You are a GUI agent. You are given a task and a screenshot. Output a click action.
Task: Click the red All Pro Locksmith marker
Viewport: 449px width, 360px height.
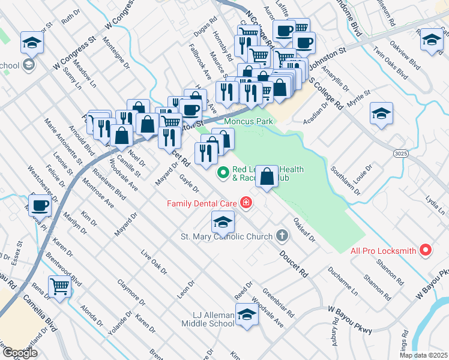426,250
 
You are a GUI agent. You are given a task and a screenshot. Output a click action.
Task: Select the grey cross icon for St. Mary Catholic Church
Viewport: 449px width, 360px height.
283,236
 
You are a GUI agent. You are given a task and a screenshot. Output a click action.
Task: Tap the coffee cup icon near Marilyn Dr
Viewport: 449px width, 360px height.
40,206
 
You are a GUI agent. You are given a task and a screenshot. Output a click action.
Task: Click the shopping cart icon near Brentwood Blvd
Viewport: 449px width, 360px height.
59,286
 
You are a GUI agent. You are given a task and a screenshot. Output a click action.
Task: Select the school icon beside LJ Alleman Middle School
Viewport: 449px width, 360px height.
246,314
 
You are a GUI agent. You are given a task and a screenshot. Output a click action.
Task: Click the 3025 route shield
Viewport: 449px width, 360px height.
402,154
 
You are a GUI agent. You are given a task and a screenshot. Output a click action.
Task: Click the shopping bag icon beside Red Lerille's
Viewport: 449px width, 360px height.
268,176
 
